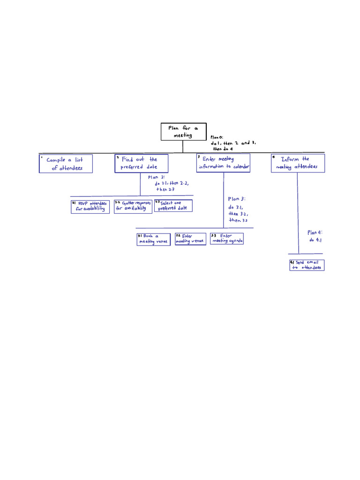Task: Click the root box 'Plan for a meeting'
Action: (x=183, y=132)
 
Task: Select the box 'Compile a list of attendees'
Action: (x=66, y=164)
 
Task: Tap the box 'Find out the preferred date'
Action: (x=141, y=163)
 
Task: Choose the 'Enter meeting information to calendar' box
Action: (x=223, y=163)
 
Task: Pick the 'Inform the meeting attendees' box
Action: (x=297, y=163)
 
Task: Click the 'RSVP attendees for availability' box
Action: (x=90, y=206)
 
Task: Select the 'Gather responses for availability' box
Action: (x=133, y=206)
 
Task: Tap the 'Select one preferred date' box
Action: (x=173, y=206)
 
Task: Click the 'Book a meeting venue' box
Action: (x=153, y=239)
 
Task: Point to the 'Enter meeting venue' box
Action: (x=190, y=239)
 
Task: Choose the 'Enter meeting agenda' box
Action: (x=227, y=239)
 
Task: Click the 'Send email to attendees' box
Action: (x=307, y=265)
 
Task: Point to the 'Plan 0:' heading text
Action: (x=217, y=137)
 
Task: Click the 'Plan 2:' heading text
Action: (x=157, y=177)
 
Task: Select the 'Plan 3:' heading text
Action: (x=237, y=199)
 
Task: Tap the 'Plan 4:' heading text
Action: (x=315, y=232)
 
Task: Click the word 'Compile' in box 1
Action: (x=56, y=160)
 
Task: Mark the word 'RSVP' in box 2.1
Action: (x=83, y=203)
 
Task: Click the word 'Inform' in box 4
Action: (x=290, y=159)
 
